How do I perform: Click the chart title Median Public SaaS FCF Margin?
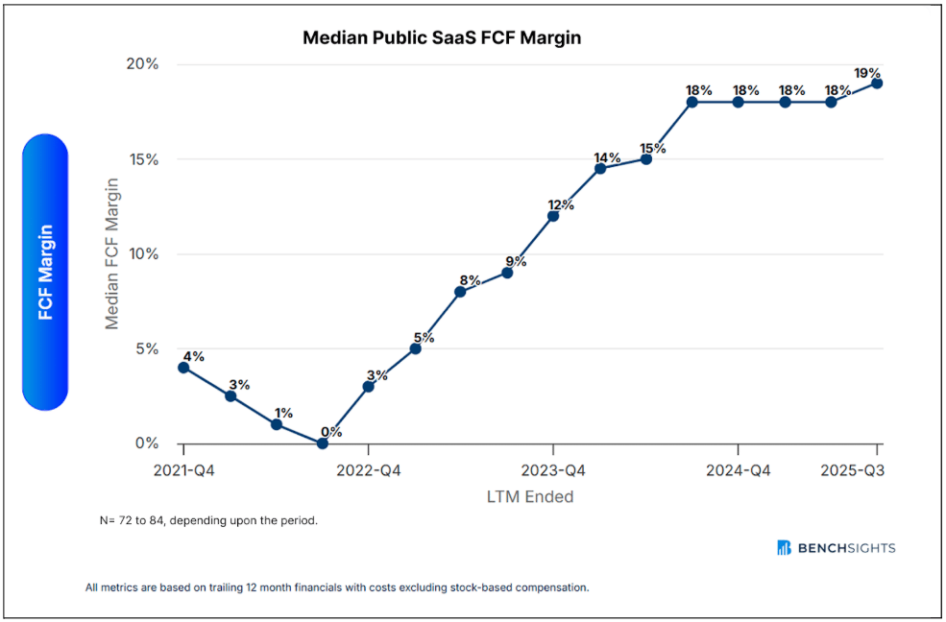pos(442,37)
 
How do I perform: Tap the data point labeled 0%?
pos(322,443)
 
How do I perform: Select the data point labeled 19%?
pos(877,84)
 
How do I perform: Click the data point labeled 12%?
pos(553,216)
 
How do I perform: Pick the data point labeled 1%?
pos(277,424)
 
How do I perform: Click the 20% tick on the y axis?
pos(143,64)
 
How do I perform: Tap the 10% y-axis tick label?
pos(143,253)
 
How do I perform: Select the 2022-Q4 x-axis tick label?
pos(368,470)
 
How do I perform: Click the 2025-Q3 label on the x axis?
pos(852,470)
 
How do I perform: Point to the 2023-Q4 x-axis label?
pos(553,470)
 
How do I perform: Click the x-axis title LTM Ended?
pos(530,496)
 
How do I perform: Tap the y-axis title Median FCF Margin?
pos(112,253)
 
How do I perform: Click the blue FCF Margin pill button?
pos(45,272)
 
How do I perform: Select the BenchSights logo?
pos(837,548)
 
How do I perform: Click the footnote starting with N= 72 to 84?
pos(208,520)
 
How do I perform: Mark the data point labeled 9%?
pos(507,273)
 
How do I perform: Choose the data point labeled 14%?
pos(599,168)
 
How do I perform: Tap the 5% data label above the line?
pos(424,338)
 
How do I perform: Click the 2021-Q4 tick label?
pos(183,470)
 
